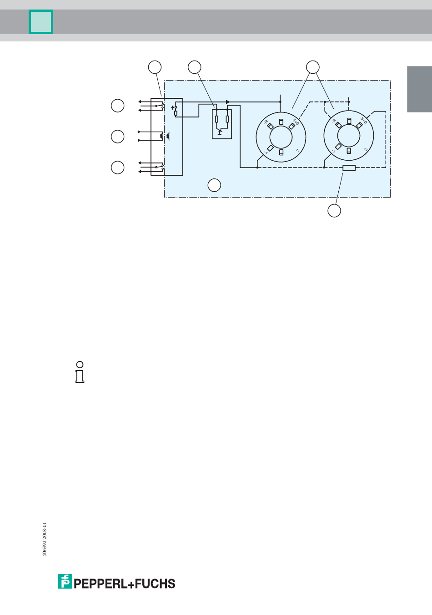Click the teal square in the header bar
pyautogui.click(x=41, y=22)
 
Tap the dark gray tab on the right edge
pyautogui.click(x=419, y=89)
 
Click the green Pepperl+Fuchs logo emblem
pyautogui.click(x=65, y=581)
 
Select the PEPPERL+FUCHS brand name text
pyautogui.click(x=125, y=584)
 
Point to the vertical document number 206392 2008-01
pyautogui.click(x=45, y=539)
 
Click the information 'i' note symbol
pyautogui.click(x=80, y=372)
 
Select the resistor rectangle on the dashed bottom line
pyautogui.click(x=349, y=168)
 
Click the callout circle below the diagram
pyautogui.click(x=334, y=211)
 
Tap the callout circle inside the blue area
pyautogui.click(x=214, y=185)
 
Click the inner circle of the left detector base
pyautogui.click(x=281, y=137)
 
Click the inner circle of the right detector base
pyautogui.click(x=349, y=136)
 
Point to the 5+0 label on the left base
pyautogui.click(x=296, y=122)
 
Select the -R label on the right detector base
pyautogui.click(x=333, y=122)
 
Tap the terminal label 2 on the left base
pyautogui.click(x=298, y=151)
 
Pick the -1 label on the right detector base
pyautogui.click(x=333, y=151)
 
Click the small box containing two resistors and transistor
pyautogui.click(x=222, y=124)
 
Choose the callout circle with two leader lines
pyautogui.click(x=312, y=67)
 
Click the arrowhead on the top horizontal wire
pyautogui.click(x=228, y=102)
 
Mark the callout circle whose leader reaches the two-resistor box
pyautogui.click(x=195, y=67)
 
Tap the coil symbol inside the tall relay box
pyautogui.click(x=161, y=136)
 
